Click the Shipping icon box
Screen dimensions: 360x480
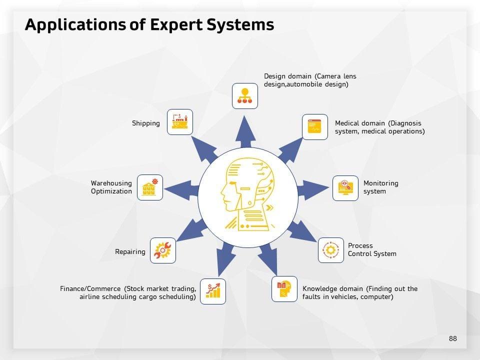coord(179,121)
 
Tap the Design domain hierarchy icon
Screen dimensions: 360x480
coord(245,96)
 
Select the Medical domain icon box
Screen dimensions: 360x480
coord(315,127)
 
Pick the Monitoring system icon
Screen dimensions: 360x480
coord(345,188)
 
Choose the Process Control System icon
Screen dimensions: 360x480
coord(331,250)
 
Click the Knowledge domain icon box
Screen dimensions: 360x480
coord(284,289)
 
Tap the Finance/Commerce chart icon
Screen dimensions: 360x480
coord(213,291)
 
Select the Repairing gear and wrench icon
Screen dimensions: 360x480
coord(163,250)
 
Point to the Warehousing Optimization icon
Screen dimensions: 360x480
coord(149,187)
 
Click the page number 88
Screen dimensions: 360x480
coord(452,338)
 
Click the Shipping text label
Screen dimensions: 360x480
coord(146,123)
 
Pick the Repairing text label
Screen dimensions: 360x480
coord(130,251)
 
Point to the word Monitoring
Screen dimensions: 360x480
coord(380,183)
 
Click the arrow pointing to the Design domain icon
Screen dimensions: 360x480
coord(245,131)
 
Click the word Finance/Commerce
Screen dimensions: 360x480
coord(90,289)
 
